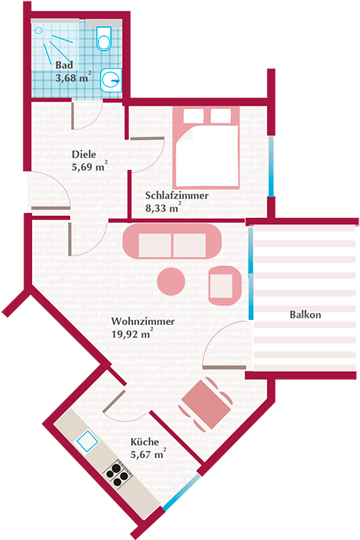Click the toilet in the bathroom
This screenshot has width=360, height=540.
(x=103, y=38)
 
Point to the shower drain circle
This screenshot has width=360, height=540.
(x=39, y=31)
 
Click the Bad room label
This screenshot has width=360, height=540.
(x=65, y=65)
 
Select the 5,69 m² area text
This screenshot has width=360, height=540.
(x=89, y=167)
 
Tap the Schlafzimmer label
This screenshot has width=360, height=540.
(x=177, y=195)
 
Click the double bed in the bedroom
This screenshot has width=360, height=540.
(x=206, y=148)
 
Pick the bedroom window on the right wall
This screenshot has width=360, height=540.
(x=271, y=166)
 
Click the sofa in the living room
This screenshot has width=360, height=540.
(x=172, y=242)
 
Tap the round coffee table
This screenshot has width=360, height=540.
(x=171, y=281)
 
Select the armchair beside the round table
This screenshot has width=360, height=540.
(x=225, y=286)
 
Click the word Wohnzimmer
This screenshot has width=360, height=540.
(x=143, y=321)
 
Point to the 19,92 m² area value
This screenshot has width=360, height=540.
(x=132, y=334)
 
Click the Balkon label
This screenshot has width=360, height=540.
(x=305, y=314)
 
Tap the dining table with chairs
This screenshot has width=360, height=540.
(x=205, y=404)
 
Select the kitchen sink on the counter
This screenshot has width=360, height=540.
(x=87, y=441)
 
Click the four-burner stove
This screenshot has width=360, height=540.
(x=118, y=473)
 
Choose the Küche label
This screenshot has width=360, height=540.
(x=144, y=442)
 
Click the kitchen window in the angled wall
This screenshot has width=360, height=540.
(x=182, y=492)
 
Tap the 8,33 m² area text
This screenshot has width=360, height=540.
(x=163, y=208)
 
